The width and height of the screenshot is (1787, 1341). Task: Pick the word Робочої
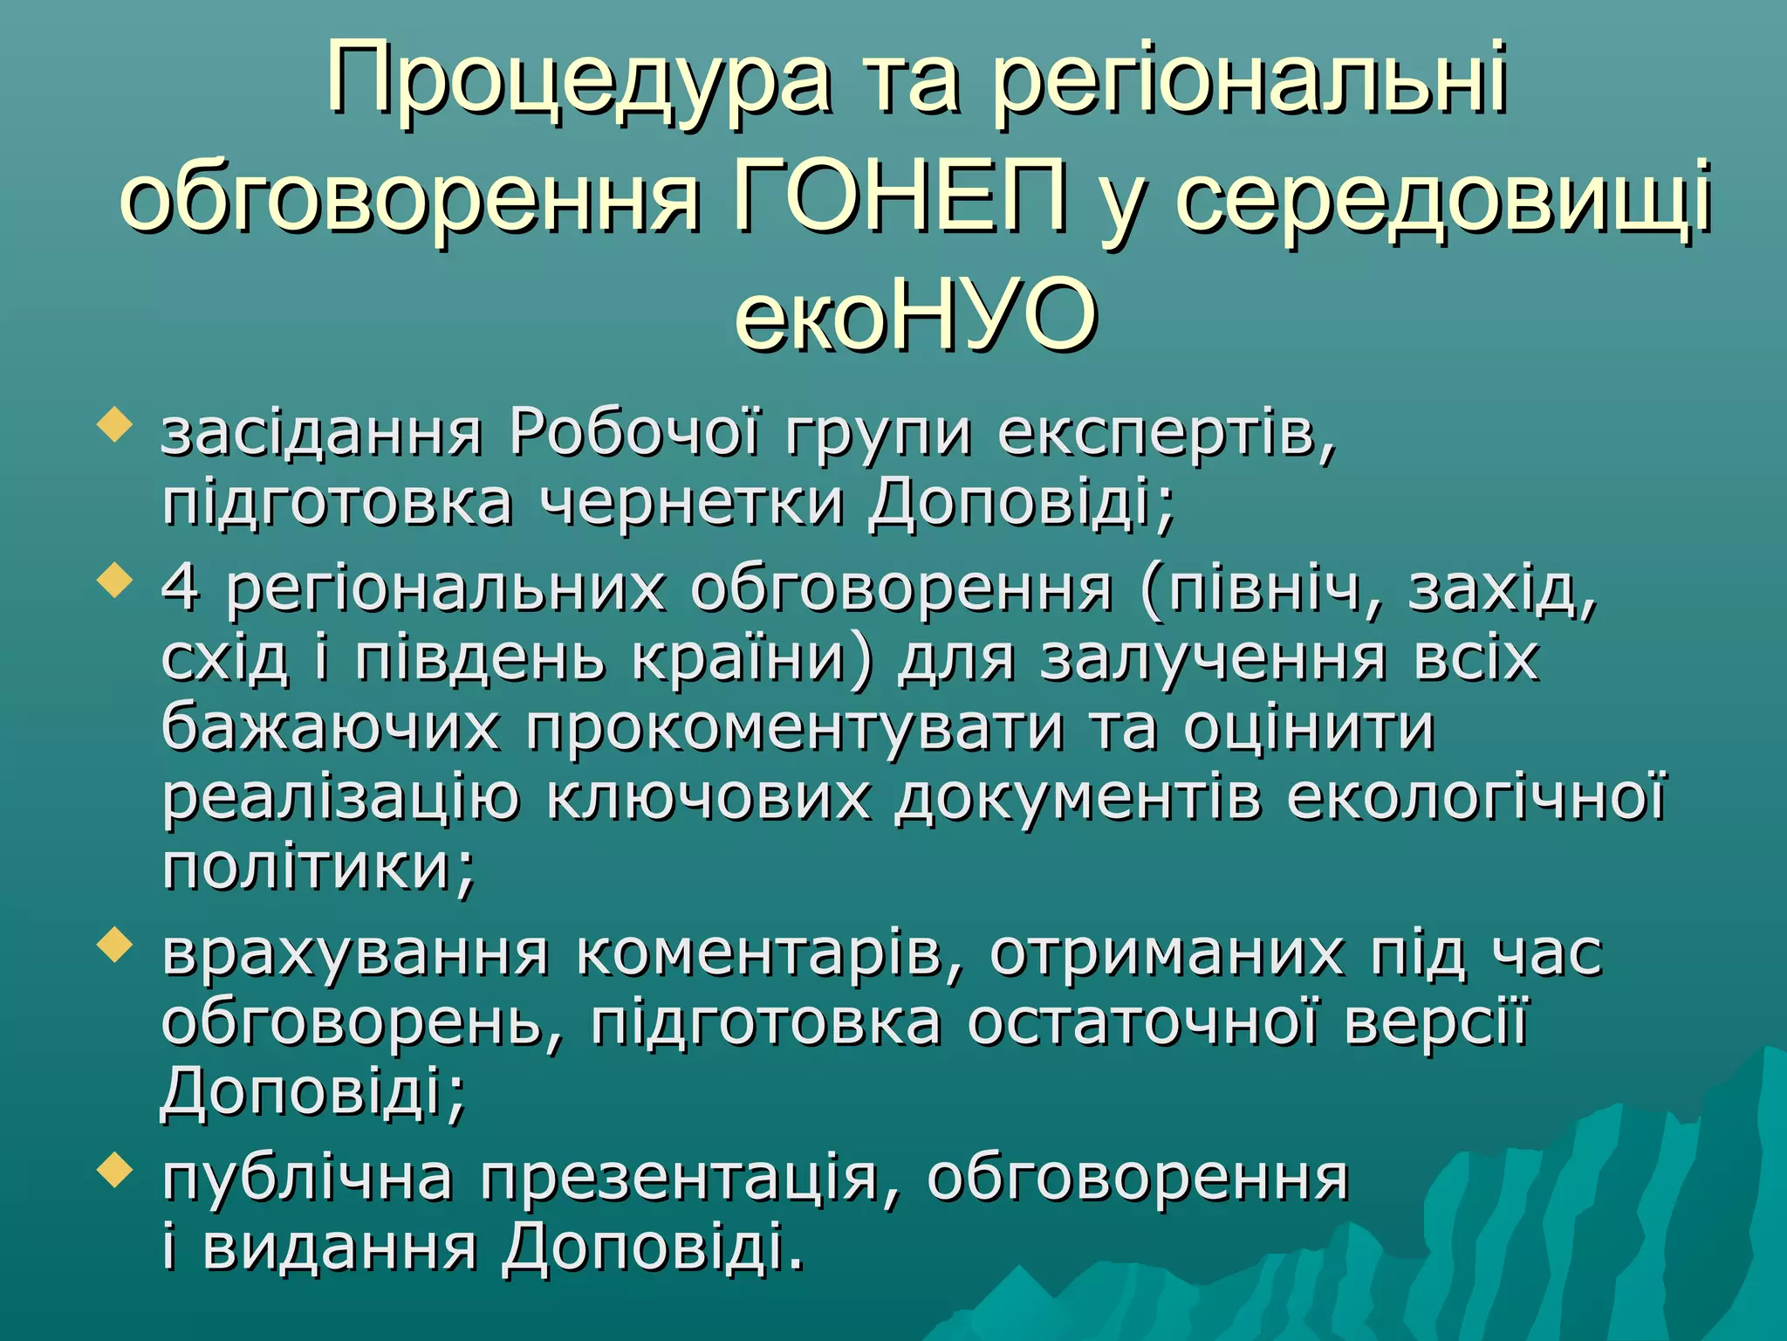click(634, 433)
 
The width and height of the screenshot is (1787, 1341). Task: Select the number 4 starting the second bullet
click(180, 588)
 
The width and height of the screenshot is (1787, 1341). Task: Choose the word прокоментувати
click(795, 728)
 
